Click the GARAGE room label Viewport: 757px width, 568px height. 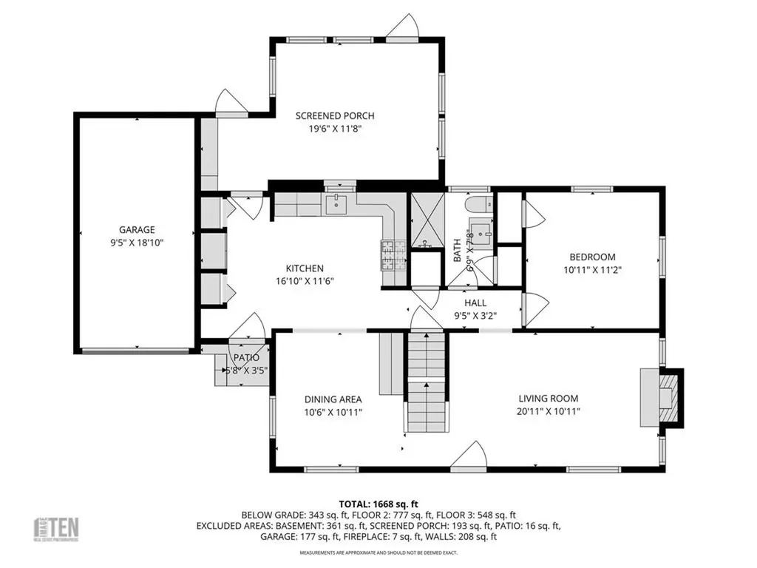(138, 229)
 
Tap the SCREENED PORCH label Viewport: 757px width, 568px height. (335, 115)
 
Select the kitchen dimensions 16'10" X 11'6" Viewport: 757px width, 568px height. (305, 281)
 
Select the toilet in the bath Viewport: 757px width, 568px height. (475, 204)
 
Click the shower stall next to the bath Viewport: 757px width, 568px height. (426, 220)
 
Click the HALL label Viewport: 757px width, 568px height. (475, 303)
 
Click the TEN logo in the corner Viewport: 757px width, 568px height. (58, 528)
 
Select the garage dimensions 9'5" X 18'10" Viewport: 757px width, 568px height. (138, 242)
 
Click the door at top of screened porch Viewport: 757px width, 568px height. (404, 27)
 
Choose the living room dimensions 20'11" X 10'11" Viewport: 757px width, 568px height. (548, 411)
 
